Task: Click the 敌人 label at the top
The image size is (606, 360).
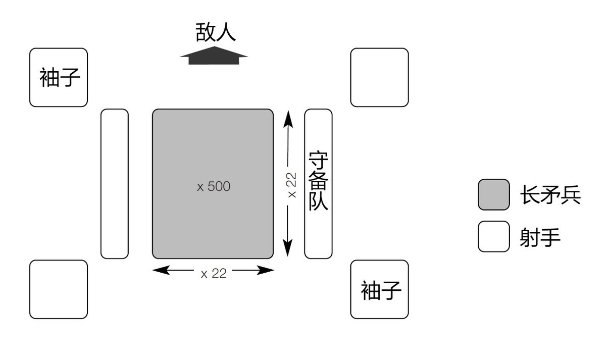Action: tap(216, 32)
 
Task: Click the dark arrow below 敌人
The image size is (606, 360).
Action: tap(214, 55)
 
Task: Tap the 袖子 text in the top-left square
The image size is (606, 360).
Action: tap(59, 78)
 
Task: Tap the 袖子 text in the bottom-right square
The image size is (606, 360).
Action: tap(380, 290)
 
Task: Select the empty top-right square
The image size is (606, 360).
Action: tap(379, 77)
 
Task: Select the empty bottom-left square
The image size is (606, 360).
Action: tap(59, 289)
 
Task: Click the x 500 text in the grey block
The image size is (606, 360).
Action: tap(214, 186)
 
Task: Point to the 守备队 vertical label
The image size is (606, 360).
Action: tap(319, 182)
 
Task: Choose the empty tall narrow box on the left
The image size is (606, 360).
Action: tap(115, 184)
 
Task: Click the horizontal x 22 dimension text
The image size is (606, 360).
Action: tap(214, 274)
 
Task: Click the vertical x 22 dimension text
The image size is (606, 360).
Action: tap(292, 185)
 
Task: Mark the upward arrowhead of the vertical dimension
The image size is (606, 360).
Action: tap(287, 118)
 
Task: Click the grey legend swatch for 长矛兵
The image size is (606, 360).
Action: tap(493, 194)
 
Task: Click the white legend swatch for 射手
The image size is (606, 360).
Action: tap(493, 236)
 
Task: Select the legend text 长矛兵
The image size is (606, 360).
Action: tap(550, 195)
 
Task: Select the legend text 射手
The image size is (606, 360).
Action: tap(540, 236)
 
